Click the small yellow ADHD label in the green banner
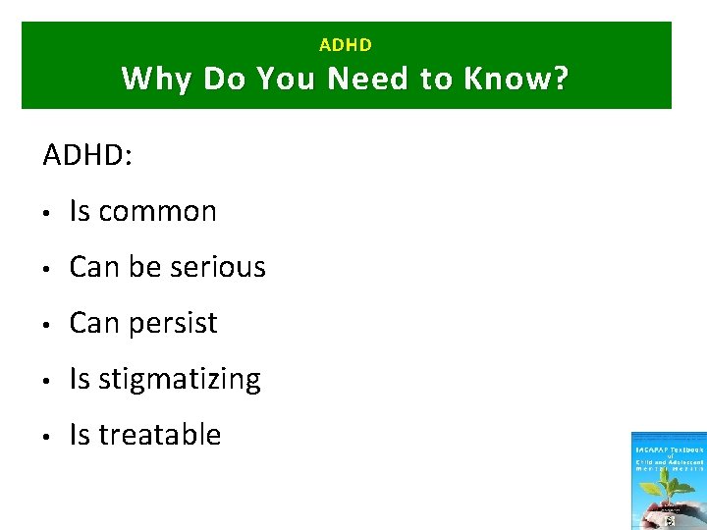346,45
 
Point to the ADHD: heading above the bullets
87,155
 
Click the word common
157,212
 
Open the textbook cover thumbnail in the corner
669,481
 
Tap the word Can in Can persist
91,323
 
